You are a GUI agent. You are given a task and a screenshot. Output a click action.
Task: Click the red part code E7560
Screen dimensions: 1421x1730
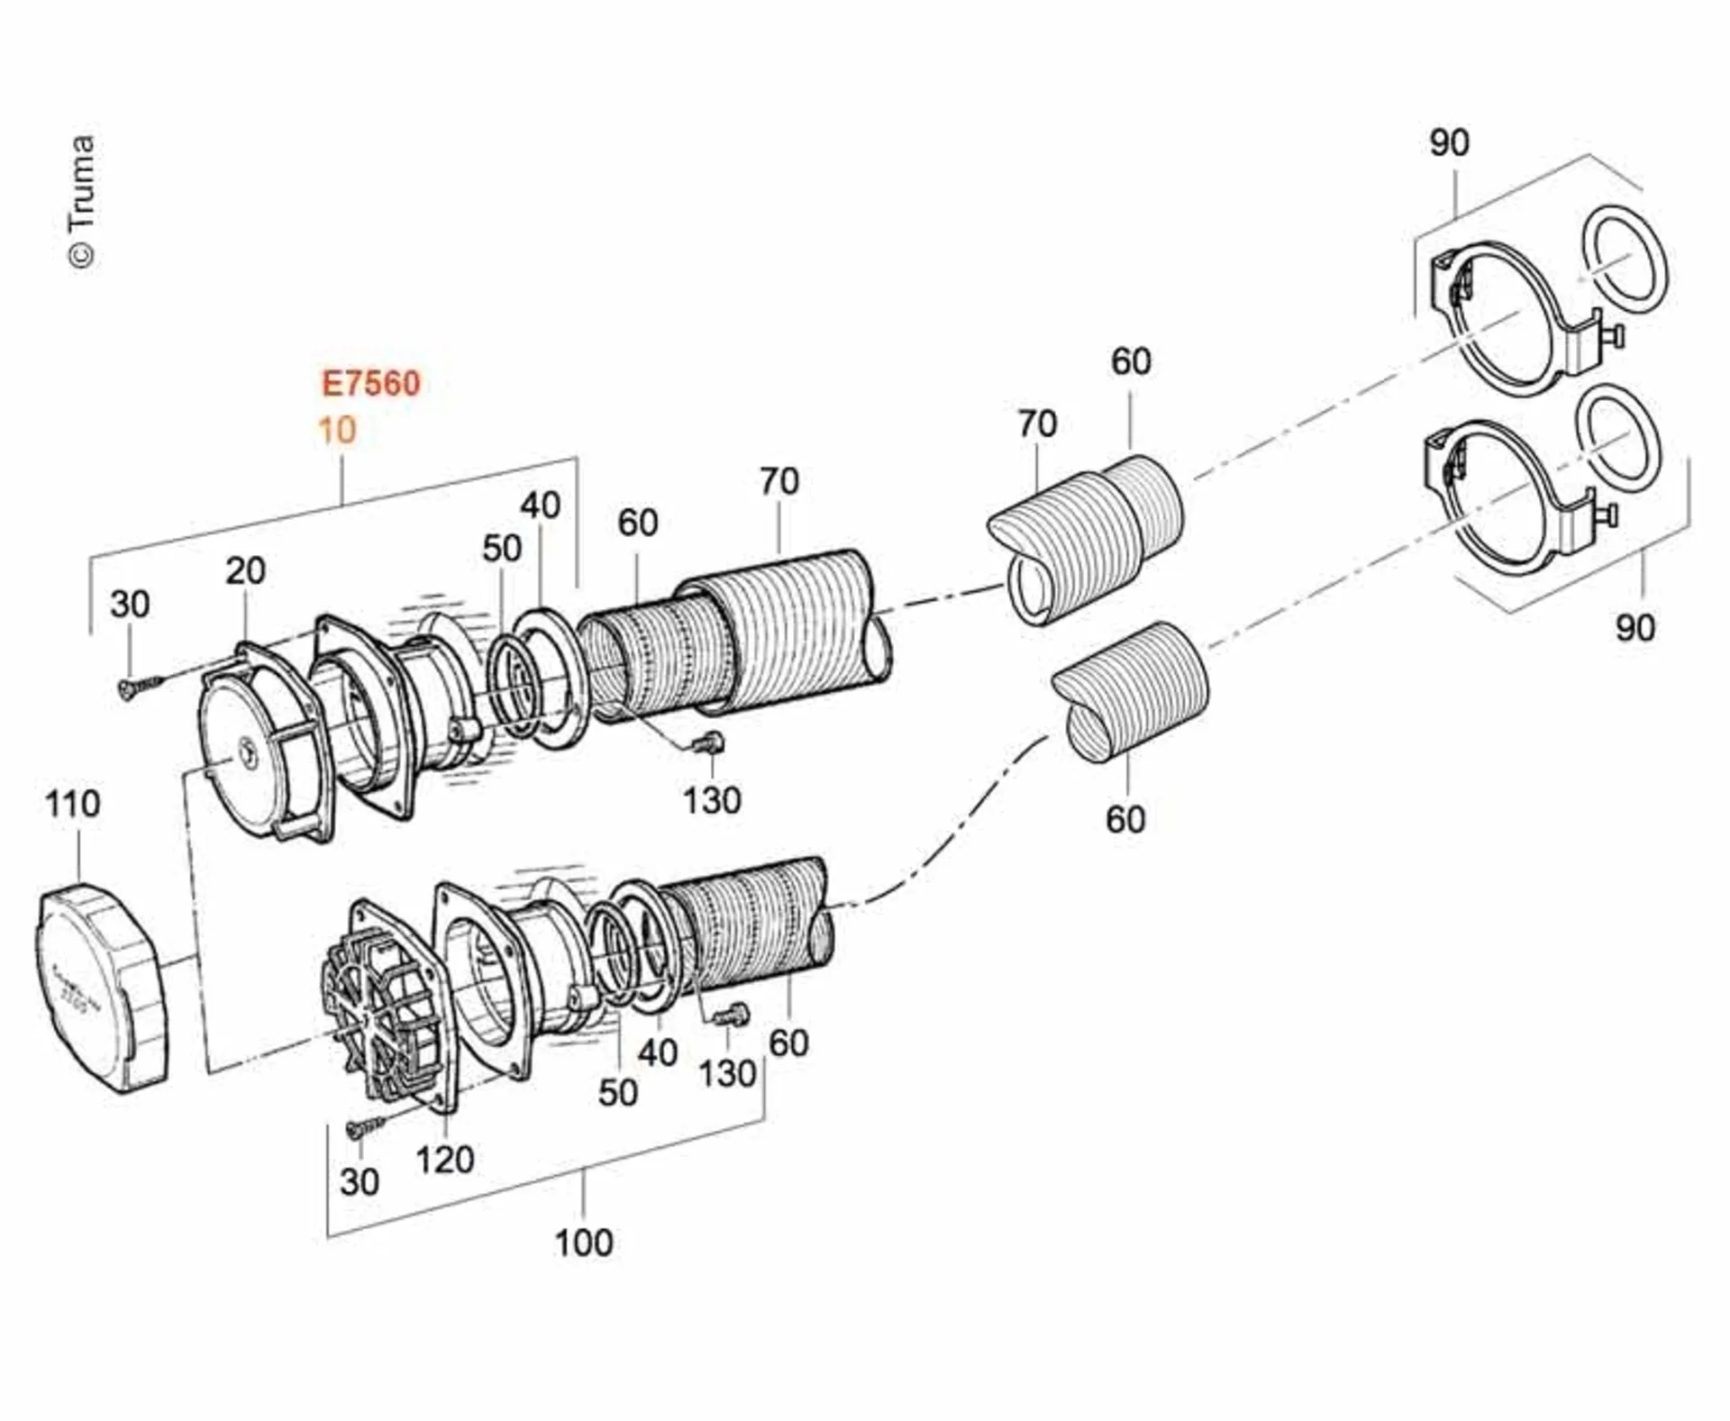click(371, 383)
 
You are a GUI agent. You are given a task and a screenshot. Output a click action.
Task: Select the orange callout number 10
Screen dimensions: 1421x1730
click(337, 430)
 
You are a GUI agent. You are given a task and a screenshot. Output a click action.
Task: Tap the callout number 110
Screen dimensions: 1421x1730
click(72, 804)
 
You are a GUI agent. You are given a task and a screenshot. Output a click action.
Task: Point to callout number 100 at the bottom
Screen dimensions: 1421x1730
click(584, 1243)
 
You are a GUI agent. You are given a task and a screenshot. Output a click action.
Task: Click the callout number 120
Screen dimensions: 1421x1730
click(444, 1160)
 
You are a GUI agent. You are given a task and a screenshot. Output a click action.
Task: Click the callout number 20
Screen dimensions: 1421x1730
click(245, 570)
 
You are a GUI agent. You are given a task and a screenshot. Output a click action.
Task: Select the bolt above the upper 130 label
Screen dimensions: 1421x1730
click(709, 742)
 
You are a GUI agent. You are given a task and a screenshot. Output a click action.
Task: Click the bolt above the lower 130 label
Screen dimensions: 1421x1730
click(733, 1015)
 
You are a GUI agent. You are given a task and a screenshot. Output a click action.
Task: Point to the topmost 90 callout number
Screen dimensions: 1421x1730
click(1449, 142)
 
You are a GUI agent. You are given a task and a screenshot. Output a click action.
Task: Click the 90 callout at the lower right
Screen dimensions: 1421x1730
click(1634, 628)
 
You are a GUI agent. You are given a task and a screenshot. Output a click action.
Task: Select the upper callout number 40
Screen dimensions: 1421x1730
click(540, 506)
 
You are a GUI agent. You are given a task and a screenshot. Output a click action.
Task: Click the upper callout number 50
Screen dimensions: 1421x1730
click(502, 548)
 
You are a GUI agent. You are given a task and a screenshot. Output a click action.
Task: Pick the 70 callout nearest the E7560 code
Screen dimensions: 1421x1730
click(778, 481)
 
